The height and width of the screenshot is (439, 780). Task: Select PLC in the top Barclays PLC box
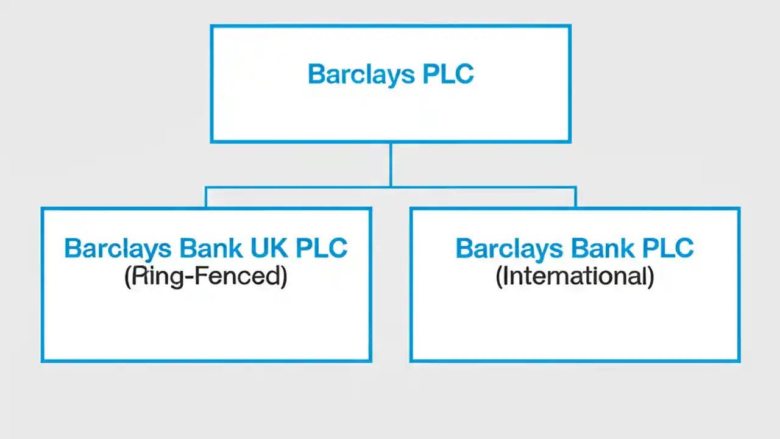coord(448,74)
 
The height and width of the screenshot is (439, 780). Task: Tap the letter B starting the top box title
coord(316,74)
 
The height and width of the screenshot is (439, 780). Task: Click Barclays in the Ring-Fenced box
coord(117,249)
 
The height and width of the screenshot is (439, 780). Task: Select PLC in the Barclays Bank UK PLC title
coord(322,248)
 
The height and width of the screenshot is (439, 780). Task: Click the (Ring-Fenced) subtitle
coord(205,277)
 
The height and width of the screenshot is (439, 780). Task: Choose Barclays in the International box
coord(508,249)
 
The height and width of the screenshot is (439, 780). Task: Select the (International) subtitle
coord(575,277)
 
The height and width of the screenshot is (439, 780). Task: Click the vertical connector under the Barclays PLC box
coord(390,165)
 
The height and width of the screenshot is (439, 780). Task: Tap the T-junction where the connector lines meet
coord(390,187)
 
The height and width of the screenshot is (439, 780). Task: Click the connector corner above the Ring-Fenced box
coord(206,188)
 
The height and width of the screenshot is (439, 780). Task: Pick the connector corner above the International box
coord(575,188)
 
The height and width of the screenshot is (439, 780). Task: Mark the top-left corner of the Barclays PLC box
coord(211,26)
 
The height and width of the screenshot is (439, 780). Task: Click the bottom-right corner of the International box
coord(739,361)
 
